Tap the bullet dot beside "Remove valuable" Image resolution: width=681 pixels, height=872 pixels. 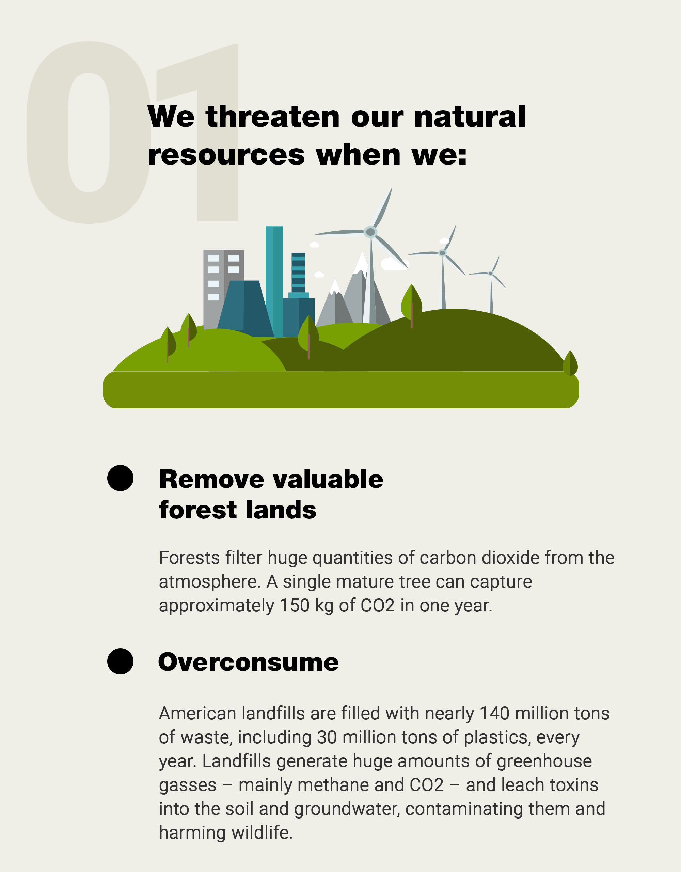coord(120,478)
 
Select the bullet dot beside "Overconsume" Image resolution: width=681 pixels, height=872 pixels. coord(120,661)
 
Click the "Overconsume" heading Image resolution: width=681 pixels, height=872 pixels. coord(248,662)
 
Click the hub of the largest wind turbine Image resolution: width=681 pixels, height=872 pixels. coord(370,232)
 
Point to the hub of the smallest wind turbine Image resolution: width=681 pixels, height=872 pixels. coord(491,273)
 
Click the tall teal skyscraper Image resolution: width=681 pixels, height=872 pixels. coord(274,281)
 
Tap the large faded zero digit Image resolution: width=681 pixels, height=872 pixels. coord(89,132)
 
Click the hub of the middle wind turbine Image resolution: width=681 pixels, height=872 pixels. coord(442,253)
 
